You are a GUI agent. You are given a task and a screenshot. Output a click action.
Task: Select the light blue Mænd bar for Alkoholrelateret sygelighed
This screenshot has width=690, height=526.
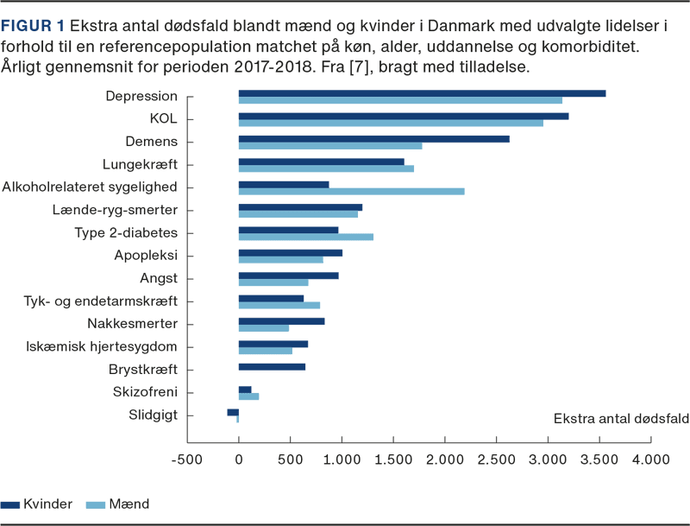pyautogui.click(x=350, y=191)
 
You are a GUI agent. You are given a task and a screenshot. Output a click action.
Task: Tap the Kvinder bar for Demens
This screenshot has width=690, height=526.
pyautogui.click(x=373, y=138)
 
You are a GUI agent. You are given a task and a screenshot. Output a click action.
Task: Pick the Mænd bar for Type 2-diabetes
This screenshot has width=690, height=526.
pyautogui.click(x=304, y=237)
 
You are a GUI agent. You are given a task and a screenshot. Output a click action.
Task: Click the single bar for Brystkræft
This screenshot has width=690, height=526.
pyautogui.click(x=271, y=366)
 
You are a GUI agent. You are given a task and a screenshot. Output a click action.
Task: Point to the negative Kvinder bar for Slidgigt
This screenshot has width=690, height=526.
pyautogui.click(x=232, y=412)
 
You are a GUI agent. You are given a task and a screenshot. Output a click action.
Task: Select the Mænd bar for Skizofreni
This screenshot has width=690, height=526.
pyautogui.click(x=248, y=397)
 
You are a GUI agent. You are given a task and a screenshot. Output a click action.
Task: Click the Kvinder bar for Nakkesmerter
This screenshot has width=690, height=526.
pyautogui.click(x=280, y=320)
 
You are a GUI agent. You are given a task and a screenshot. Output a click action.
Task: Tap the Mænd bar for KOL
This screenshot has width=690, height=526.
pyautogui.click(x=390, y=123)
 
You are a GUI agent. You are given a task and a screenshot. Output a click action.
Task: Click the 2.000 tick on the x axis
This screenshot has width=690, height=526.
pyautogui.click(x=444, y=460)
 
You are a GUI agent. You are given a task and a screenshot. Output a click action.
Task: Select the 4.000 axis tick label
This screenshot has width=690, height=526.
pyautogui.click(x=649, y=460)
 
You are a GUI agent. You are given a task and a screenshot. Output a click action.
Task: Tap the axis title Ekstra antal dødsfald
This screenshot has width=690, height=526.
pyautogui.click(x=620, y=419)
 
